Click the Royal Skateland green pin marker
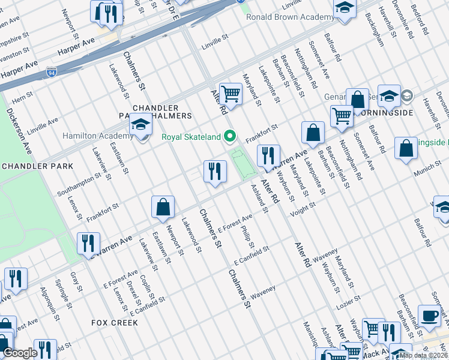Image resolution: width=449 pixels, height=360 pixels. point(229,137)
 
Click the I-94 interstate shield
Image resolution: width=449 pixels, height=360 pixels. point(52,73)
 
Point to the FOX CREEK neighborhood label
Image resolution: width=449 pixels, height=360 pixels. point(115,323)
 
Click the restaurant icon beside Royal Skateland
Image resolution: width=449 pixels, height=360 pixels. point(214,172)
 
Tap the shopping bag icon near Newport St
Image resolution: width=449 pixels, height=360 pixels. point(163,207)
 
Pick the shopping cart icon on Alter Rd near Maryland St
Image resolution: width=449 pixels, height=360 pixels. point(230,94)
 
